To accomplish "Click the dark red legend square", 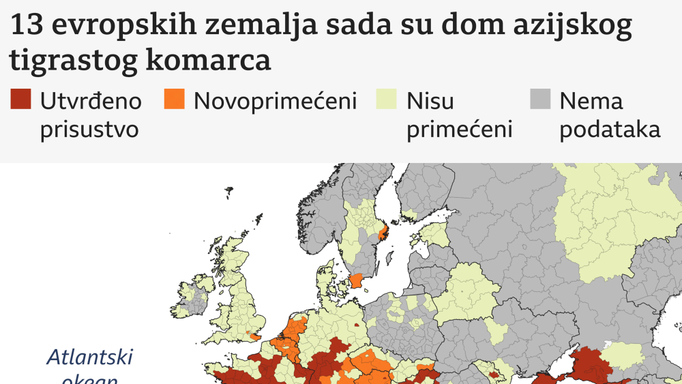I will tap(20, 100).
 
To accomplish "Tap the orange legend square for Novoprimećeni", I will tap(175, 100).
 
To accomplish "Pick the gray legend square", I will tap(540, 100).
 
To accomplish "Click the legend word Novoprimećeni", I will tap(276, 101).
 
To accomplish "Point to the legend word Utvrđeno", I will tap(91, 101).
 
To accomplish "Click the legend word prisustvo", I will tap(89, 130).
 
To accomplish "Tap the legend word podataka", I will tap(610, 130).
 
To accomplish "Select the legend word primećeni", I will tap(459, 130).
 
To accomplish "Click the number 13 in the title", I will tap(23, 27).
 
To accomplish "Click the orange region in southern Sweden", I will tap(356, 281).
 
